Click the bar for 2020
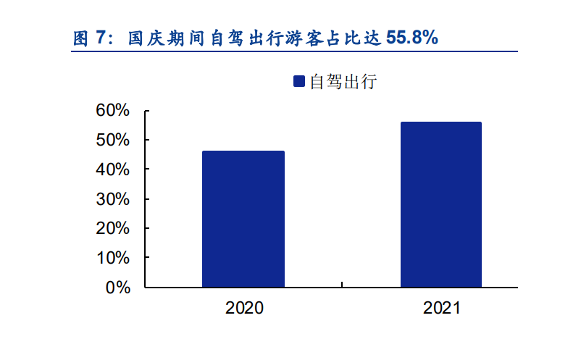243,219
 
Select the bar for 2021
441,204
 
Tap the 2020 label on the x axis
244,308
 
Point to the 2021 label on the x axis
442,308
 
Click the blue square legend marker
299,81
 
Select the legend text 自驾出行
343,81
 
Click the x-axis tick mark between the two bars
342,285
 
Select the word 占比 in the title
355,38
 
